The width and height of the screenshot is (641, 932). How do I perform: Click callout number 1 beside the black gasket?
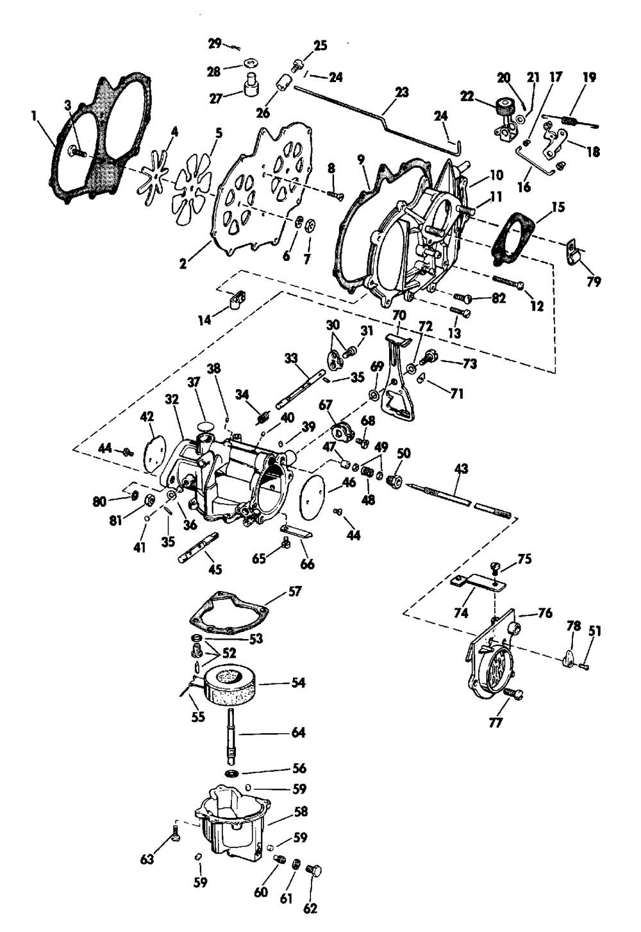(34, 116)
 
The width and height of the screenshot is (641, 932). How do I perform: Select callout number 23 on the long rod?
(401, 92)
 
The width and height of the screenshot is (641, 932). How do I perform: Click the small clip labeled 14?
(237, 297)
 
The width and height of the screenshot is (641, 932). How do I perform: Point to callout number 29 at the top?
(214, 44)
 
